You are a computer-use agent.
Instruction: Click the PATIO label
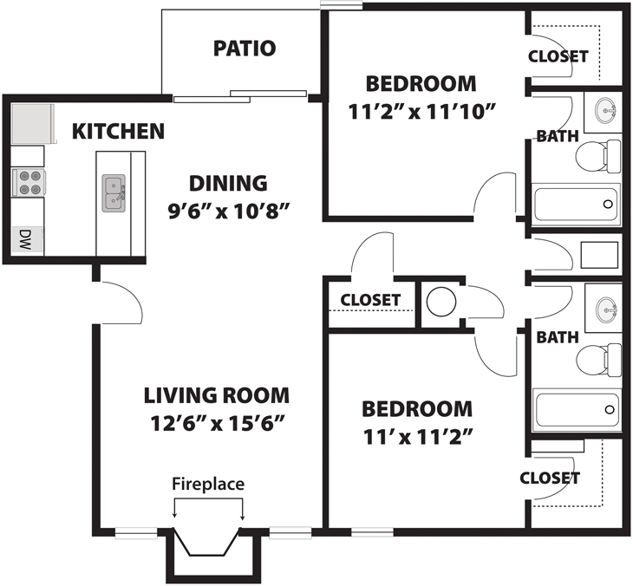point(245,48)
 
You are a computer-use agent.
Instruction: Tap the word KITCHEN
point(118,131)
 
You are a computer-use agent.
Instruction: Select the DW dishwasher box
point(28,240)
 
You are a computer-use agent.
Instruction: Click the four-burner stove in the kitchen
point(29,183)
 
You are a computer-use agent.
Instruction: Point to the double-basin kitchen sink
point(114,193)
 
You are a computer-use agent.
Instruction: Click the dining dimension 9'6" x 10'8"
point(229,211)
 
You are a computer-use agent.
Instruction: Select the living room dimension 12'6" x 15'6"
point(218,423)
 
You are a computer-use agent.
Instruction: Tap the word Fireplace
point(208,484)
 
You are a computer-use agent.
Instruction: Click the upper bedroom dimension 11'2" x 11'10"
point(421,112)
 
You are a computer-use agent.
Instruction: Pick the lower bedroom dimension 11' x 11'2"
point(418,437)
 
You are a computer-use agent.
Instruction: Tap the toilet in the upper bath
point(598,156)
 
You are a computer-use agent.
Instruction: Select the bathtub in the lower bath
point(577,410)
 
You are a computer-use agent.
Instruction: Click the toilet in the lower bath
point(598,361)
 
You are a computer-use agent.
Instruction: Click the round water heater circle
point(441,302)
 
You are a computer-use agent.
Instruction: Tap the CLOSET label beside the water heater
point(370,300)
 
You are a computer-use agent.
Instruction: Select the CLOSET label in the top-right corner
point(558,56)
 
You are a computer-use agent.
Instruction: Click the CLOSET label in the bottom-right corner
point(550,479)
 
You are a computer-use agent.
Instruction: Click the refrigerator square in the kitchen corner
point(33,123)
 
